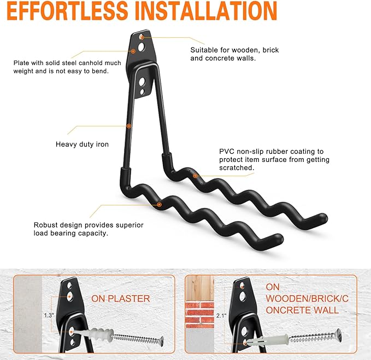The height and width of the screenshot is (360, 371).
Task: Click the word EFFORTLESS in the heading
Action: click(x=68, y=11)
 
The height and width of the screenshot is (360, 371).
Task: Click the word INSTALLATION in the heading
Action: click(x=206, y=11)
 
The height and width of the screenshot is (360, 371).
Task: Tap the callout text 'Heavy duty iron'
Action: click(x=82, y=144)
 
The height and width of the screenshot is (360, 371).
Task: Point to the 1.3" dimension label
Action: click(x=49, y=316)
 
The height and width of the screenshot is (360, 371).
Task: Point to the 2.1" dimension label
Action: click(x=221, y=316)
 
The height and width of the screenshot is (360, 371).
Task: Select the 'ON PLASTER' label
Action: click(x=121, y=299)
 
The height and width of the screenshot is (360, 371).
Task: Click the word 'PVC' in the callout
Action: click(x=227, y=152)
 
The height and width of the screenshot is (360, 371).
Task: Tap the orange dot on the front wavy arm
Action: click(x=160, y=205)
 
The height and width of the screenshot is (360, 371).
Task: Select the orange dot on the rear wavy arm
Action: click(x=195, y=176)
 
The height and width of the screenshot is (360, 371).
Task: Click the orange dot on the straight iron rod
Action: click(x=129, y=126)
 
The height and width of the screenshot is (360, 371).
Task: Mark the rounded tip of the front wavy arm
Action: click(x=279, y=238)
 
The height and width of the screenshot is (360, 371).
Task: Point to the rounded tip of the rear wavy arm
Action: click(x=323, y=218)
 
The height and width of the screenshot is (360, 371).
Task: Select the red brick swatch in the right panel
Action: click(x=199, y=314)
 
